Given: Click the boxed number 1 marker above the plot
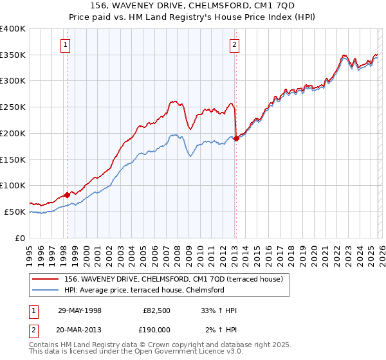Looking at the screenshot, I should click(x=66, y=44).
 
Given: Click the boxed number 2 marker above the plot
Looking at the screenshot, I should click(x=234, y=44).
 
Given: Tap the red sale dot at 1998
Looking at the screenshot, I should click(x=67, y=194).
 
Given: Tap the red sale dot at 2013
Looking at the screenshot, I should click(x=236, y=138).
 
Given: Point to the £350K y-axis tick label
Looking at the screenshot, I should click(x=13, y=55).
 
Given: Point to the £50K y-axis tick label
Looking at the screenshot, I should click(x=15, y=212).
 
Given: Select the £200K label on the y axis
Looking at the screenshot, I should click(x=13, y=133).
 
